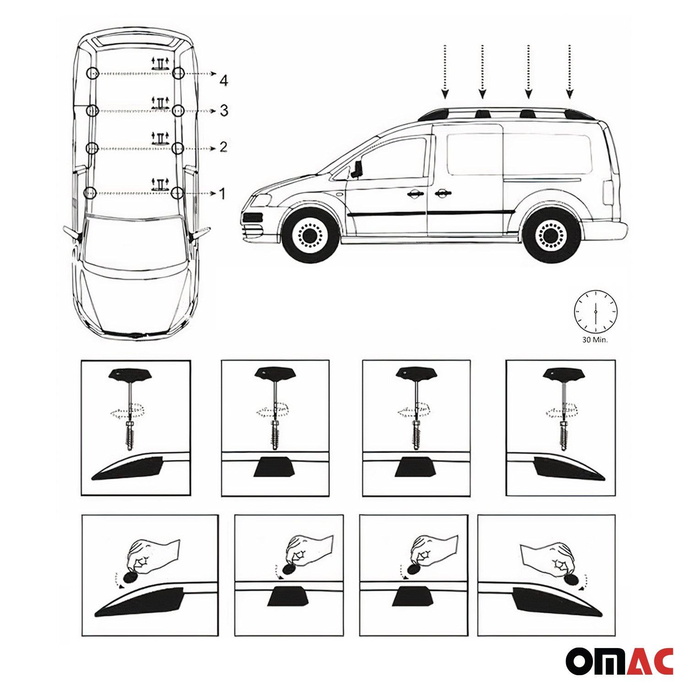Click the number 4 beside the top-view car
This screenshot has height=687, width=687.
click(224, 81)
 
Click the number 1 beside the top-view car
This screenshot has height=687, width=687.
click(223, 194)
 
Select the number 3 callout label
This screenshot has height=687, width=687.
click(224, 110)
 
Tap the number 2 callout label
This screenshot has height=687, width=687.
click(223, 147)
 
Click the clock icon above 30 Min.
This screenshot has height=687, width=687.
click(595, 311)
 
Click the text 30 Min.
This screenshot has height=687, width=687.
click(595, 340)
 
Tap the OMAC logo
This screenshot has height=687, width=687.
click(619, 661)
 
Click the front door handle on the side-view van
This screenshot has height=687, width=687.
click(415, 194)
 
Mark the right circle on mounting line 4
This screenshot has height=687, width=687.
click(179, 73)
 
